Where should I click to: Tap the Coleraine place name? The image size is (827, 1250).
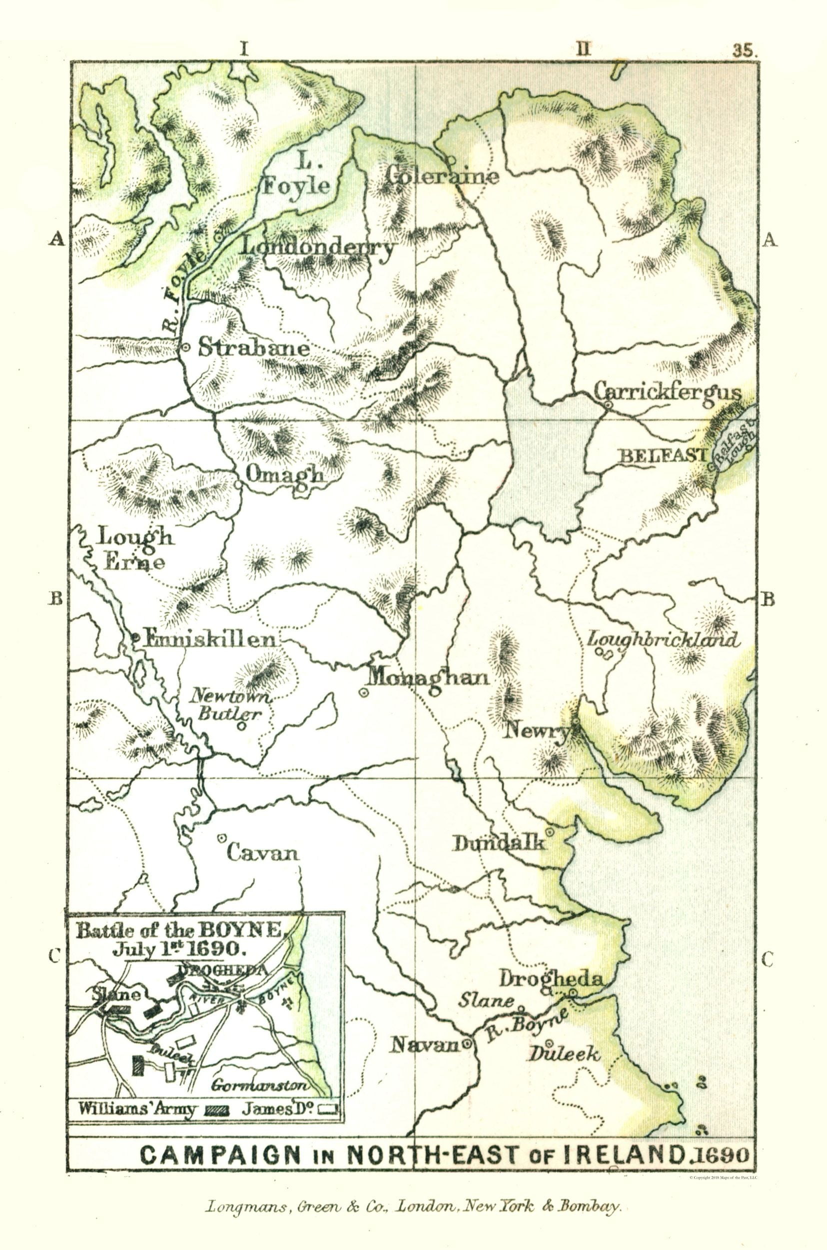(442, 175)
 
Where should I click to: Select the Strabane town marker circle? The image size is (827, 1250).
(186, 347)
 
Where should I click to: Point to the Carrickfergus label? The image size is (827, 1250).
(668, 392)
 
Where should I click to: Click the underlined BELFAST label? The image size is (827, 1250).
(662, 455)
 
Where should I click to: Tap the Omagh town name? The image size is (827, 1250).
(285, 474)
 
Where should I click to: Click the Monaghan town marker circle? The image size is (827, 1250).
(363, 693)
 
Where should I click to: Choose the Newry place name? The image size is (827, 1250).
(537, 731)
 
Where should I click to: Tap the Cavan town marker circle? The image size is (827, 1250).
(221, 837)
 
